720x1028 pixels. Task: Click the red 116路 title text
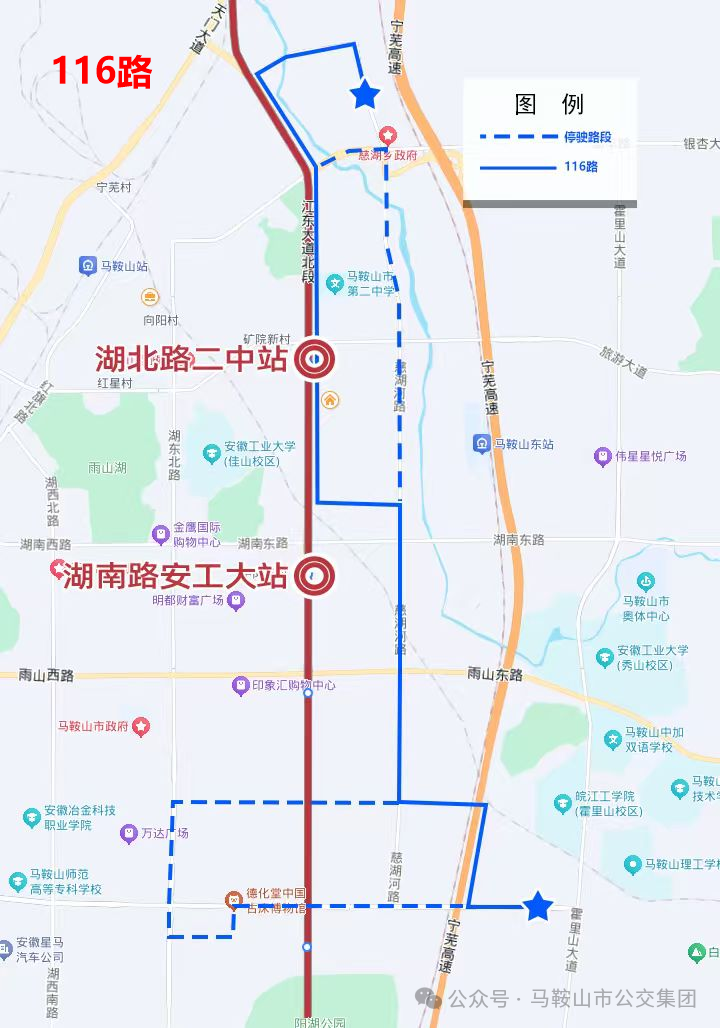tap(102, 72)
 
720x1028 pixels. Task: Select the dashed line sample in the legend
tap(518, 137)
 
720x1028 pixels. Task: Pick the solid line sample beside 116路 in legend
tap(518, 168)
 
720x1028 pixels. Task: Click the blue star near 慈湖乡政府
tap(365, 96)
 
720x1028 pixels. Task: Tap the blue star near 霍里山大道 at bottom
tap(538, 907)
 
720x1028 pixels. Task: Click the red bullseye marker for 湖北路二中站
tap(314, 359)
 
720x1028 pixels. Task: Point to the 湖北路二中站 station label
tap(191, 359)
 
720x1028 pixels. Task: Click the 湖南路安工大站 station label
tap(176, 576)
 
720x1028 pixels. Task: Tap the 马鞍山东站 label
tap(523, 444)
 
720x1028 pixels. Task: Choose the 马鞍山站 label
tap(124, 266)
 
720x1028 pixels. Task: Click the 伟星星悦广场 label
tap(651, 456)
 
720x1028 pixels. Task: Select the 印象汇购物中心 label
tap(293, 686)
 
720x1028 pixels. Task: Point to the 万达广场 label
tap(164, 833)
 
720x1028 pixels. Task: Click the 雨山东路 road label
tap(495, 675)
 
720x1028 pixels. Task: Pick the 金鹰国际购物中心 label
tap(196, 535)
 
